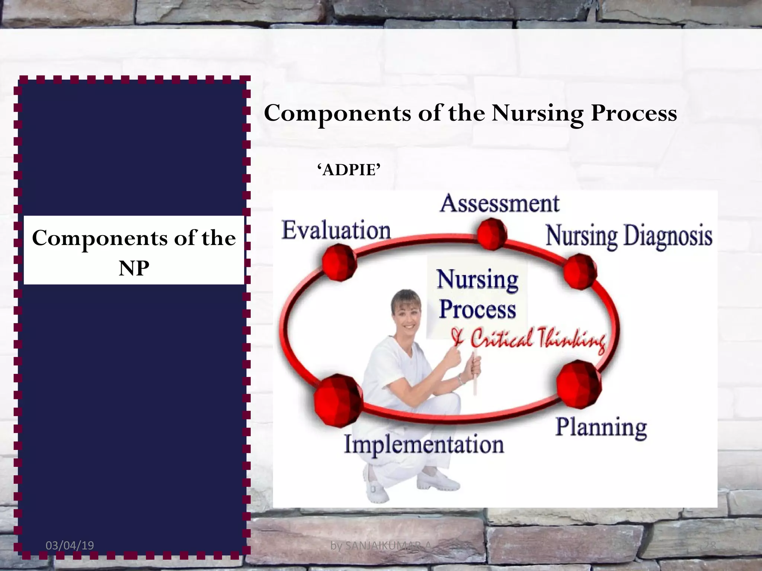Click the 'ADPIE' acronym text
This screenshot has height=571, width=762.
(x=349, y=170)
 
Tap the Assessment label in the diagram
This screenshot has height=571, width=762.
(x=500, y=204)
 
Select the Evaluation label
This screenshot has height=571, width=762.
(x=336, y=230)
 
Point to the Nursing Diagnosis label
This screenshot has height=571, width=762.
(x=629, y=236)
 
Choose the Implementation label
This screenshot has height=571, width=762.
(x=424, y=444)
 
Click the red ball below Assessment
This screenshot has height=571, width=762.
(x=492, y=233)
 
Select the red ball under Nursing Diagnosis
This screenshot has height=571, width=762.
(x=580, y=272)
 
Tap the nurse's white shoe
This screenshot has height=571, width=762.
(x=437, y=481)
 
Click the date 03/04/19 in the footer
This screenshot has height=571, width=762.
(x=70, y=545)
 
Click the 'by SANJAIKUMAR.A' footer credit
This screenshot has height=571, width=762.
(x=381, y=546)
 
